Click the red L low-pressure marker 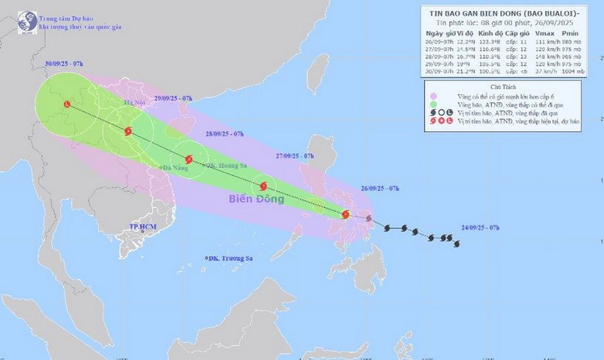68,105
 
